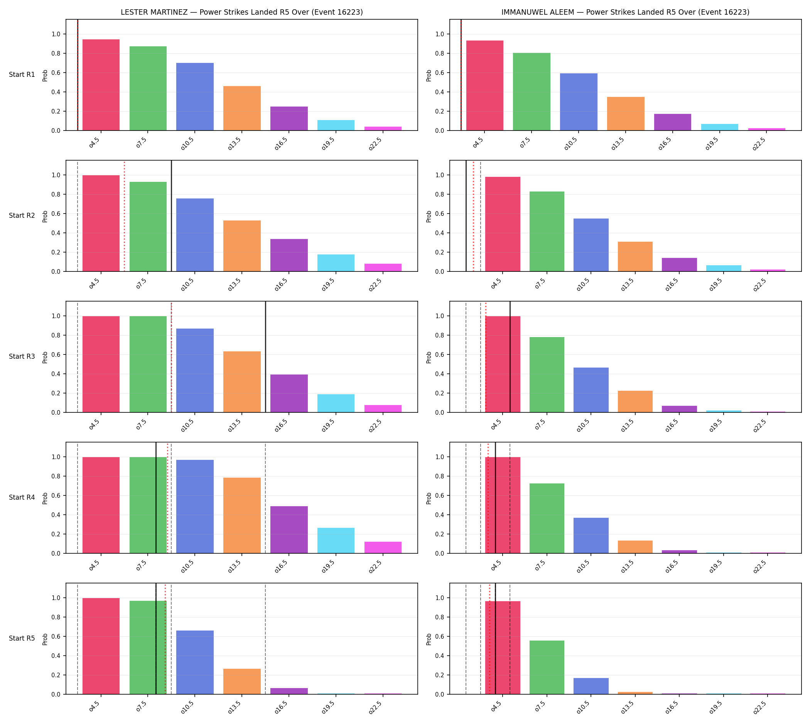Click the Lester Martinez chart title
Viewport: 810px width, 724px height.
(x=241, y=12)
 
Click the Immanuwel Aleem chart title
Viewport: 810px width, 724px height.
(x=625, y=12)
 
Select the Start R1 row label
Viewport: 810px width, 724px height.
(x=22, y=75)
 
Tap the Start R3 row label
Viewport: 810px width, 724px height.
(x=22, y=356)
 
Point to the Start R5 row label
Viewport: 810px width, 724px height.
(x=22, y=638)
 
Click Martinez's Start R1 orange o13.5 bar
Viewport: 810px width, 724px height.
(x=241, y=108)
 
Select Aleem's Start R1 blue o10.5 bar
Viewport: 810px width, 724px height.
(x=578, y=102)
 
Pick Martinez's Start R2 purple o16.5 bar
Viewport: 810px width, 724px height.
(x=289, y=255)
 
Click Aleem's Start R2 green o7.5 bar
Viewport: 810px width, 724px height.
(x=547, y=232)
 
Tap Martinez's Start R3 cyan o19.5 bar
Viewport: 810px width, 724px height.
(x=336, y=404)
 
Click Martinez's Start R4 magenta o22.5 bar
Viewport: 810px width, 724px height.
(x=383, y=548)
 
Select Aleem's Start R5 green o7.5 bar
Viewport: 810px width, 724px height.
(x=547, y=667)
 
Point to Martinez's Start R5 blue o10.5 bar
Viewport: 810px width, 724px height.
(x=195, y=662)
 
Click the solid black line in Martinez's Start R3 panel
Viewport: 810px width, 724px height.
(x=265, y=357)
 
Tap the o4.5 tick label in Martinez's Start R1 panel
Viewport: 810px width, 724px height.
(x=94, y=144)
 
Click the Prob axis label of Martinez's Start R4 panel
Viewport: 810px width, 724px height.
(x=45, y=498)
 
